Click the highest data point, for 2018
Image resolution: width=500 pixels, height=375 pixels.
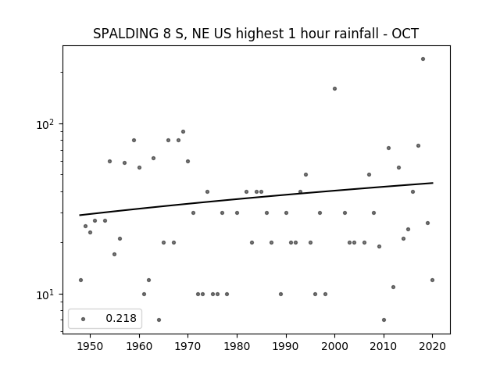[423, 59]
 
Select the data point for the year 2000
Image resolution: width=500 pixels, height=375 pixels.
[334, 88]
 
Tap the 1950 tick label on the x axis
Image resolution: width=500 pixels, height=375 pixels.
[91, 346]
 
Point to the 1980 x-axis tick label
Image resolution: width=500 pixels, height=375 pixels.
[237, 346]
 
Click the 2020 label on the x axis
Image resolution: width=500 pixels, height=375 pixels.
[432, 346]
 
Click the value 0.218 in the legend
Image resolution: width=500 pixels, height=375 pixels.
[121, 318]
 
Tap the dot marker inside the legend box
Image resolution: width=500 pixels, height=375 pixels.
[84, 319]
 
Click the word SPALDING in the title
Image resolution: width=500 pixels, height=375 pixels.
[126, 34]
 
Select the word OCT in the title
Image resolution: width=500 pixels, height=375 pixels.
[405, 34]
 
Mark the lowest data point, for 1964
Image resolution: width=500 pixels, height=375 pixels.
[159, 320]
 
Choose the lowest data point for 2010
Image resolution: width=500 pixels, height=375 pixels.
[384, 320]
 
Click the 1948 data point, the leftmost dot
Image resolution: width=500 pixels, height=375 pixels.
[80, 280]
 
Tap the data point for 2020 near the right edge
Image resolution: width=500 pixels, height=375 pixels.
[432, 280]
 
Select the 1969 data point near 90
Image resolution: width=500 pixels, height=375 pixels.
[183, 132]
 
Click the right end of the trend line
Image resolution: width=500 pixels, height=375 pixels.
[433, 183]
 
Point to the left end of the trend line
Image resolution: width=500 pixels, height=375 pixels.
[80, 216]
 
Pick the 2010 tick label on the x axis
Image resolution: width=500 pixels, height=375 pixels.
[384, 346]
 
